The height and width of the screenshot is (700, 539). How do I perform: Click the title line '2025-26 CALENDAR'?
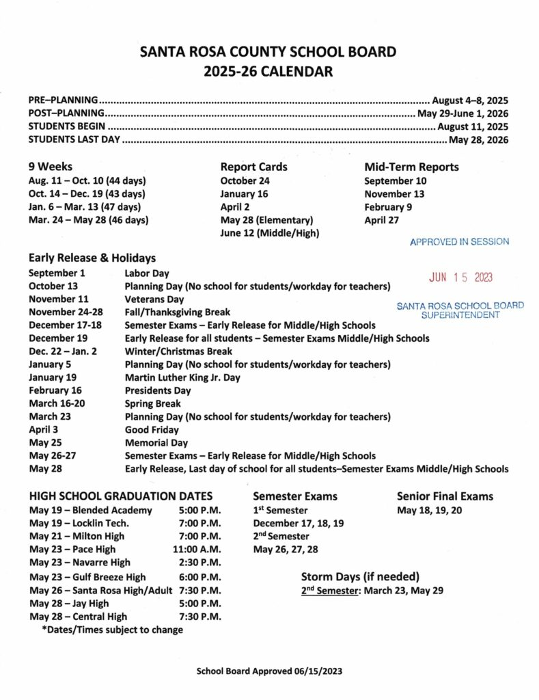pos(268,70)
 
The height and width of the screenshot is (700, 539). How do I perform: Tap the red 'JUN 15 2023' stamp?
pos(460,278)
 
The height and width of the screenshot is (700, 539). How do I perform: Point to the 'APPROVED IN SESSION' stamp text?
pos(459,242)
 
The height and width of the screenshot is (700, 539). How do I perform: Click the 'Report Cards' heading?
pos(253,167)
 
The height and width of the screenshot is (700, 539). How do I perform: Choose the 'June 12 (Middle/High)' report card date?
pos(269,233)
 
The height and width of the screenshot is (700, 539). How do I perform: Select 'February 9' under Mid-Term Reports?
pos(388,207)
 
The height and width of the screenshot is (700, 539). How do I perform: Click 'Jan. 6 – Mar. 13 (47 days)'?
pos(85,207)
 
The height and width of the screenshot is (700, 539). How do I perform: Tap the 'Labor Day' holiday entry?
pos(148,272)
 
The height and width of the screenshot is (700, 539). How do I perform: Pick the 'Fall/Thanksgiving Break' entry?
pos(177,312)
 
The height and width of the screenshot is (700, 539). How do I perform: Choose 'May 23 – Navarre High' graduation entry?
pos(79,563)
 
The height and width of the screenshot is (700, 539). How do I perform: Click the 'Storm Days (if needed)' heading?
pos(360,576)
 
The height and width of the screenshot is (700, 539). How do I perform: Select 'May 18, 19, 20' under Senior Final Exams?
pos(429,511)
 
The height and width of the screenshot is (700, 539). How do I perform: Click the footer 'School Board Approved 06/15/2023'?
pos(268,671)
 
